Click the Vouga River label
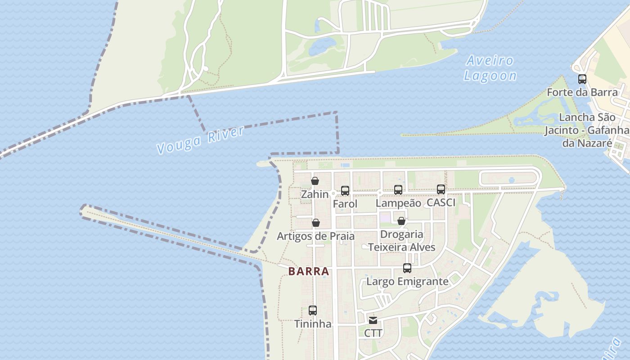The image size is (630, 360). tap(200, 140)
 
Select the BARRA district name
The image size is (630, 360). tap(309, 272)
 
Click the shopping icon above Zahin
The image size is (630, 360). tap(315, 181)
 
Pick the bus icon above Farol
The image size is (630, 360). tap(345, 191)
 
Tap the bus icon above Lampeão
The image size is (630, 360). tap(398, 190)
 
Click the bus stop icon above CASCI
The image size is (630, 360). tap(441, 189)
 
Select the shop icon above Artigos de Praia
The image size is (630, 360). tap(316, 223)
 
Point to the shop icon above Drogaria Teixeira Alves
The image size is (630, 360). tap(401, 221)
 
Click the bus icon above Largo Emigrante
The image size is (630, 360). tap(407, 268)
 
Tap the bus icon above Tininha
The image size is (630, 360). tap(313, 310)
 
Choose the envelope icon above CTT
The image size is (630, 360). tap(373, 320)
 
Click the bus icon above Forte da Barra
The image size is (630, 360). tap(582, 79)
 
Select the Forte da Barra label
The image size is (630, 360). tap(582, 93)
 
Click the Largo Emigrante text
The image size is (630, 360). tap(407, 282)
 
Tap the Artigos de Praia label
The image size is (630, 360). tap(315, 236)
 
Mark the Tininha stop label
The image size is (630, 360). tap(313, 324)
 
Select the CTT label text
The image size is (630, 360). tap(373, 333)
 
